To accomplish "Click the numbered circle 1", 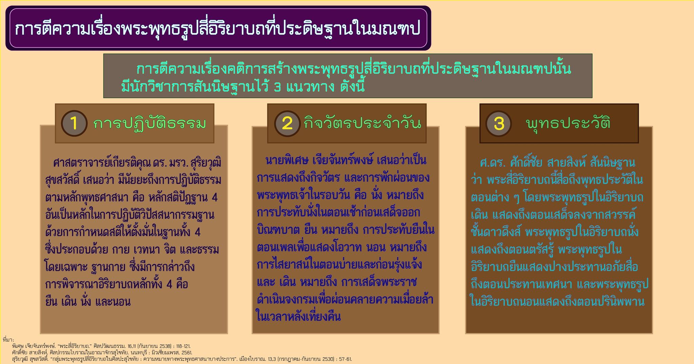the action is (74, 123).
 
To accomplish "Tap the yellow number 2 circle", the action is (287, 123).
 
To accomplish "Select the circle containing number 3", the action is (498, 123).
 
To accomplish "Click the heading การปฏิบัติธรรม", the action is (149, 124).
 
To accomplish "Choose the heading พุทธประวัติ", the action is (568, 123).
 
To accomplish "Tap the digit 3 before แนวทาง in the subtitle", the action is (277, 88).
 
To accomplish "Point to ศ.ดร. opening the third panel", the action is (493, 163).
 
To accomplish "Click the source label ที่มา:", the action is (7, 340).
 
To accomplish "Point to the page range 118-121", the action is (182, 346).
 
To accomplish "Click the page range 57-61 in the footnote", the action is (344, 359).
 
